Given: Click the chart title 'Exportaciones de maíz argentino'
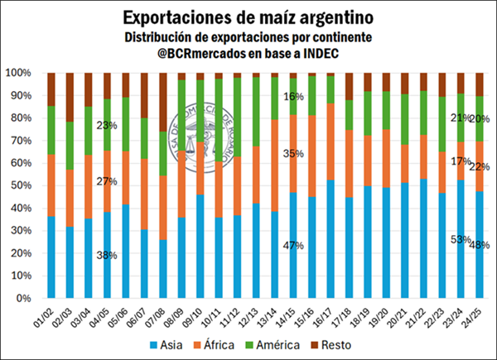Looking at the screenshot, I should [248, 17].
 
